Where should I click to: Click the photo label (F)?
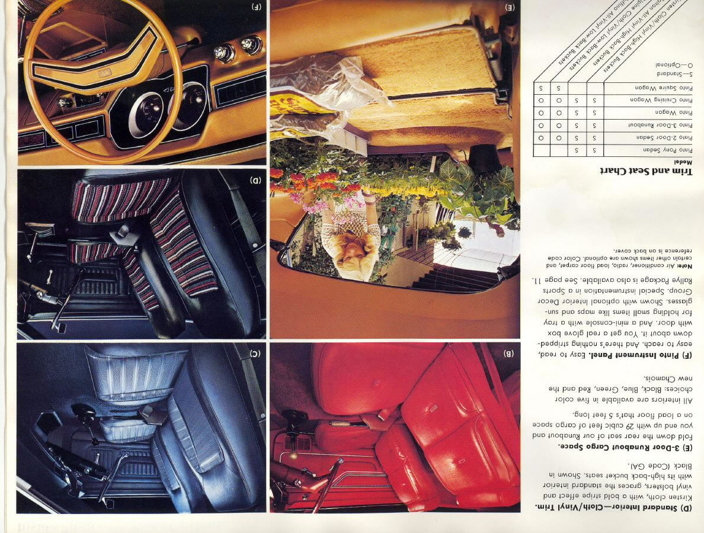tap(256, 7)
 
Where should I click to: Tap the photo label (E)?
tap(510, 8)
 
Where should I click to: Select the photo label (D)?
tap(255, 180)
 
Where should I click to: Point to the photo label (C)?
tap(255, 354)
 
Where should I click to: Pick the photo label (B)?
tap(508, 354)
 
